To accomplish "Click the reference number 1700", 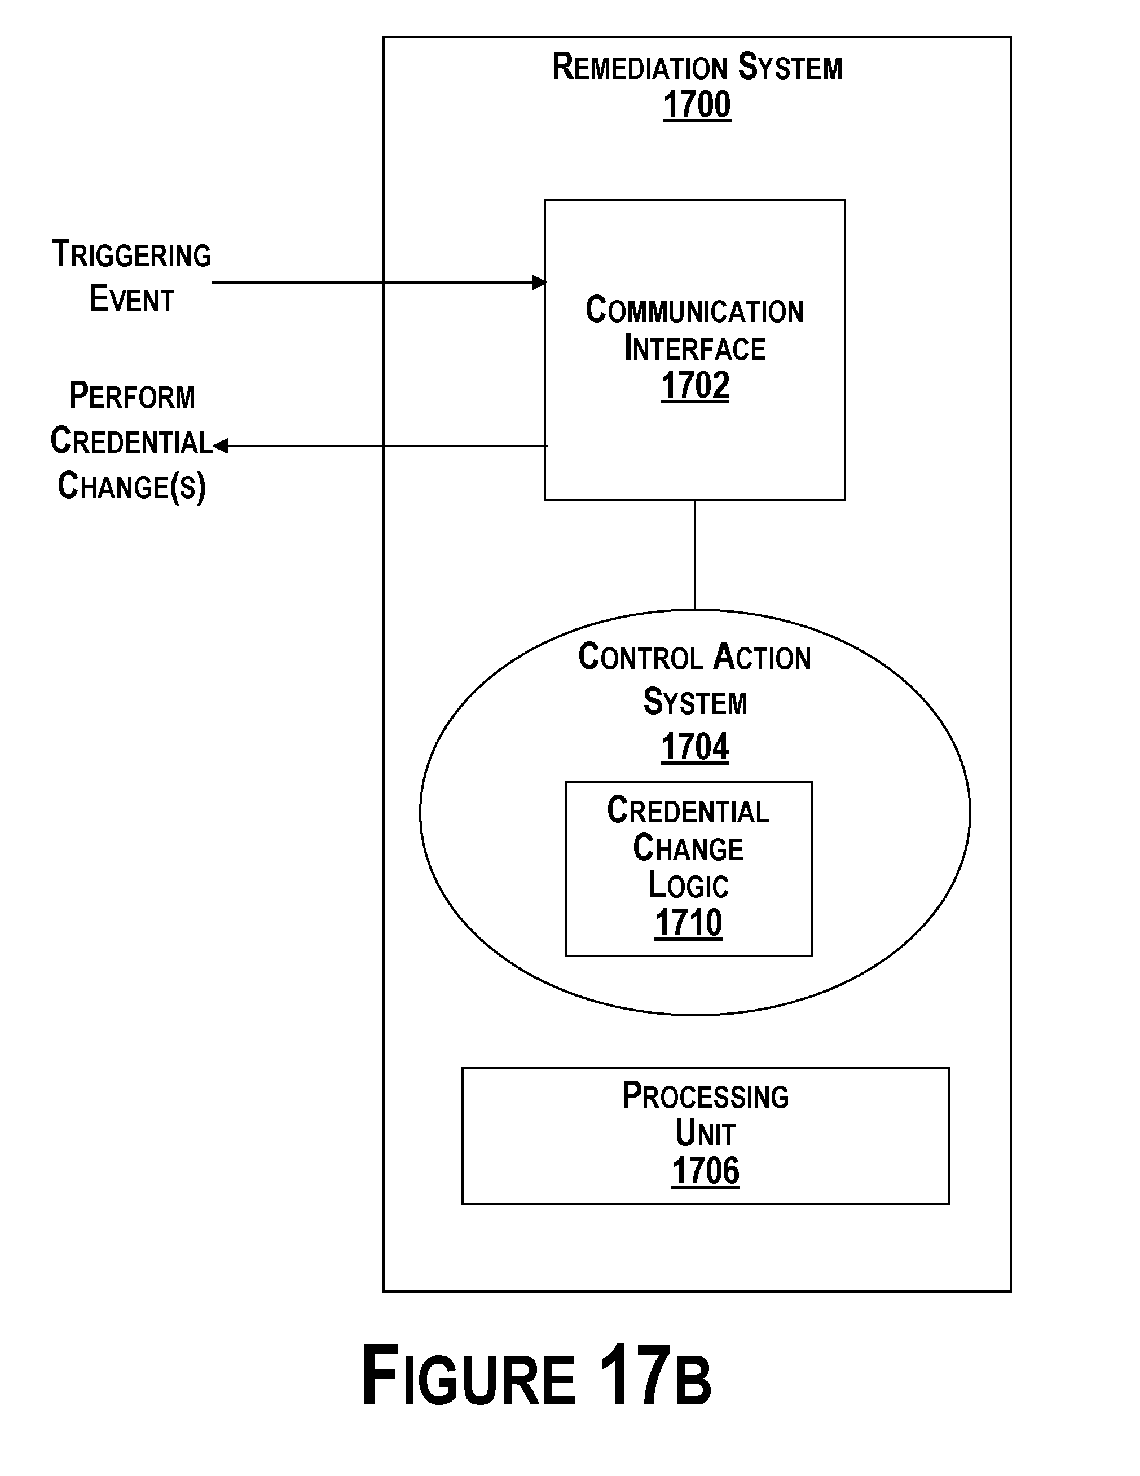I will click(697, 105).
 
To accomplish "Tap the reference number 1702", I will click(695, 386).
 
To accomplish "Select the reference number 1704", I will click(695, 747).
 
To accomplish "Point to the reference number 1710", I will click(688, 923).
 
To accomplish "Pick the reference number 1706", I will click(705, 1171).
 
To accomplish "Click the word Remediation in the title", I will click(639, 68).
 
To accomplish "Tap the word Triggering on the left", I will click(132, 255).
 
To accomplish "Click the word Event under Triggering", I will click(132, 299).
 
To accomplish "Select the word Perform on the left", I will click(132, 396).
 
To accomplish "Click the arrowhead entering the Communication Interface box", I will click(539, 283).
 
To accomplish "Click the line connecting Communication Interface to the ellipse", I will click(695, 555).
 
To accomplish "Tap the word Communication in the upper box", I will click(695, 311).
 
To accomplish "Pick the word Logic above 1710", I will click(688, 885).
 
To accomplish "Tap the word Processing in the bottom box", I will click(705, 1096).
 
